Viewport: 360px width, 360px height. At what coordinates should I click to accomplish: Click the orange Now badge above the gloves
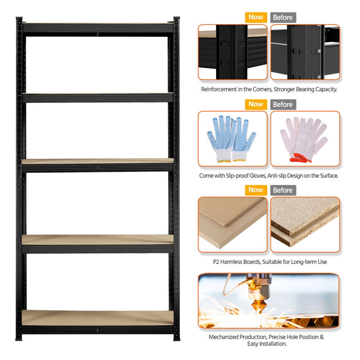tap(256, 104)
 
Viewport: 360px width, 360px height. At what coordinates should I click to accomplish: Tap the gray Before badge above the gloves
tap(282, 104)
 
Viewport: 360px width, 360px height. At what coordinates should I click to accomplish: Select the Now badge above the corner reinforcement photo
tap(256, 17)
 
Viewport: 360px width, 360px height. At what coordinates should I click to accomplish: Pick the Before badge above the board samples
tap(282, 190)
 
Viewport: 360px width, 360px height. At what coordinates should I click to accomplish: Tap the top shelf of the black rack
tap(98, 27)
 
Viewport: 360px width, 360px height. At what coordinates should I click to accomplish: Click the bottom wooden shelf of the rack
tap(98, 318)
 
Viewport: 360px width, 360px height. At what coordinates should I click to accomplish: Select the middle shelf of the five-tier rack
tap(98, 163)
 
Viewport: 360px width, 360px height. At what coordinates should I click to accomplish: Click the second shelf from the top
tap(98, 97)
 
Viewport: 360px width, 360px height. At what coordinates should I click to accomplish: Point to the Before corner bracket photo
tap(305, 52)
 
